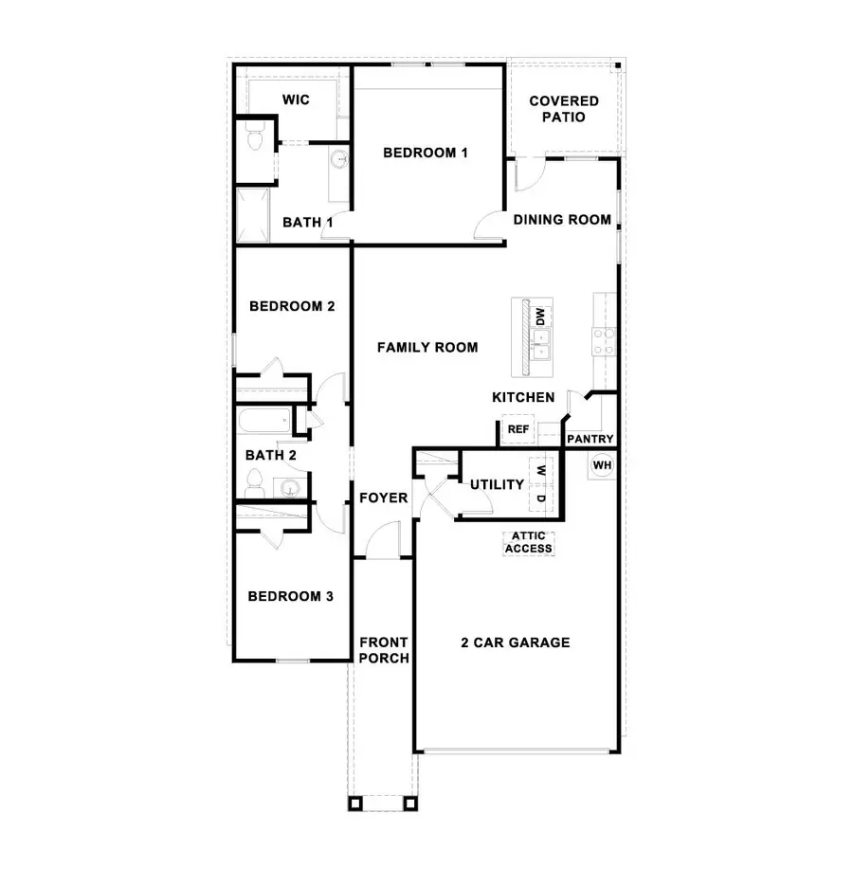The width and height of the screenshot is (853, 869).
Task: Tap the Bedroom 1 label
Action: pos(425,152)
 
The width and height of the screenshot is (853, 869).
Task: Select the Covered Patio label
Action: pos(564,109)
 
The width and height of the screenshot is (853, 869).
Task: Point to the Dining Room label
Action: pos(562,220)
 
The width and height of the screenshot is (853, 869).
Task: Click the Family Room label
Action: pos(427,348)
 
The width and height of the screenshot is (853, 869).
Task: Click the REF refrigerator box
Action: pos(517,429)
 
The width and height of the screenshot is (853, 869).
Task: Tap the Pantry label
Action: pos(590,440)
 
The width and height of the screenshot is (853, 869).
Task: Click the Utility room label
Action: pos(497,485)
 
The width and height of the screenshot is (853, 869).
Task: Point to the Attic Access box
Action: pos(528,542)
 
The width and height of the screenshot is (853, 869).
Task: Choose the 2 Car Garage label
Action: pos(516,643)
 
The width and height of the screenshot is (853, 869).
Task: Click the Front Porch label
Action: pos(384,650)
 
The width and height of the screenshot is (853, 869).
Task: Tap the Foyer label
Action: pos(383,498)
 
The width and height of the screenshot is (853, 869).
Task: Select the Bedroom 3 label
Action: pos(290,597)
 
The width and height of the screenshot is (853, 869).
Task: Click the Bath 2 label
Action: pos(271,456)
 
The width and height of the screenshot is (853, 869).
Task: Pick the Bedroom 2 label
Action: pos(292,307)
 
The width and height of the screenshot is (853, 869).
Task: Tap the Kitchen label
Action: pos(523,398)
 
